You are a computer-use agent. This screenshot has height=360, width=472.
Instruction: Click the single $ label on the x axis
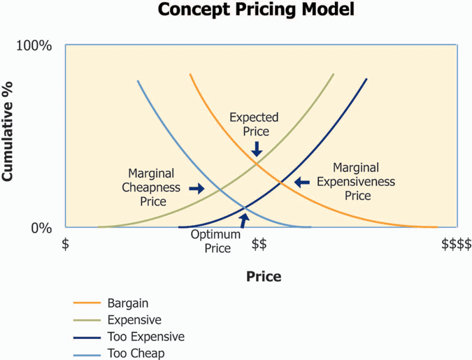(66, 244)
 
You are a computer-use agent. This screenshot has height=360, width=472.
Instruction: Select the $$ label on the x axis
(259, 244)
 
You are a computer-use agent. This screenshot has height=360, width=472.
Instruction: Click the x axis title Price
(264, 276)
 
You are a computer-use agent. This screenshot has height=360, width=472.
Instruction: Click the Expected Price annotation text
(254, 124)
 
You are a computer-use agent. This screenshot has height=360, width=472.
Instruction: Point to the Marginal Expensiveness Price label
(356, 182)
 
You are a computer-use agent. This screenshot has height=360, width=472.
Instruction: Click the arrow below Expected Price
(257, 148)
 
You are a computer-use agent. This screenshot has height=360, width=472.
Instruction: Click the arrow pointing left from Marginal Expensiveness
(301, 182)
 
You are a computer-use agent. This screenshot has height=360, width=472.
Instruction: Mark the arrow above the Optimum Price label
(244, 221)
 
